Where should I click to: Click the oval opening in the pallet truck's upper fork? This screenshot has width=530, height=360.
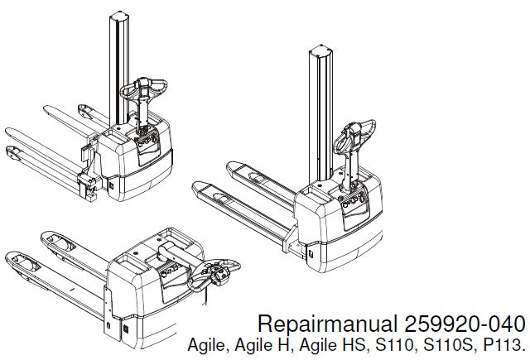(55, 242)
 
